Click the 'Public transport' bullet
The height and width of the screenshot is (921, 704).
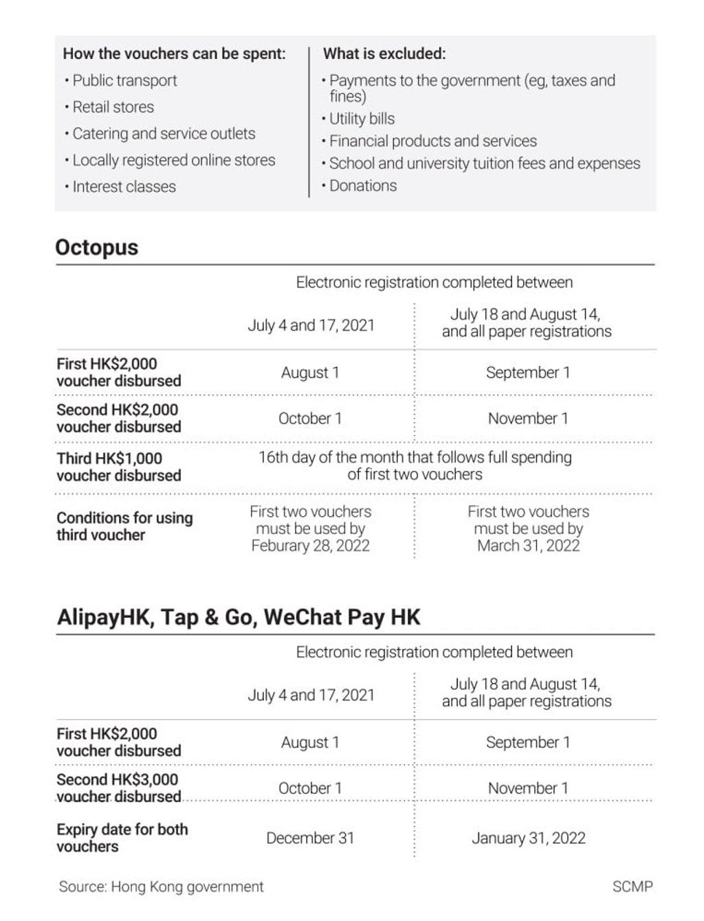point(124,80)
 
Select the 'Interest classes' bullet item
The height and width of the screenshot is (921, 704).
point(124,186)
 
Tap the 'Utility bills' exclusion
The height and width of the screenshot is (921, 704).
point(362,118)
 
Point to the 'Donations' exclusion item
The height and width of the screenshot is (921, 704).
point(362,186)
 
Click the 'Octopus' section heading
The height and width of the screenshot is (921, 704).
point(97,247)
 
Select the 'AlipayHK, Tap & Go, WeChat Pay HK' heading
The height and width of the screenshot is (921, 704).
point(239,617)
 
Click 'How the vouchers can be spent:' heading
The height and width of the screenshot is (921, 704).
point(174,54)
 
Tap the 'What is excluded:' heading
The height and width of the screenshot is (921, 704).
point(384,54)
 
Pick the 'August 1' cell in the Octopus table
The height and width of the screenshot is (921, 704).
point(310,373)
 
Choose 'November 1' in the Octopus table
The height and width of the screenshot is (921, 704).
point(528,419)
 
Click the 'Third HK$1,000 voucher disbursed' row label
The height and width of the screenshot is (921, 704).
point(119,467)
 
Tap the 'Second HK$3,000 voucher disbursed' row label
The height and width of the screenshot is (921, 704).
point(118,788)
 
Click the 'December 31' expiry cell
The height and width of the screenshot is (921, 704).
point(310,838)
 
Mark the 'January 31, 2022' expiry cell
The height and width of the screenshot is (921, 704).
point(528,838)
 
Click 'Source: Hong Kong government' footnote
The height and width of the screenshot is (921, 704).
point(161,887)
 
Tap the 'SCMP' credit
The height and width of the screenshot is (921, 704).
point(632,887)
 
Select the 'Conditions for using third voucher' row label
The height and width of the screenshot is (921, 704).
point(124,526)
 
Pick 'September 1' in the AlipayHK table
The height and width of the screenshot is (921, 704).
point(528,742)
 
